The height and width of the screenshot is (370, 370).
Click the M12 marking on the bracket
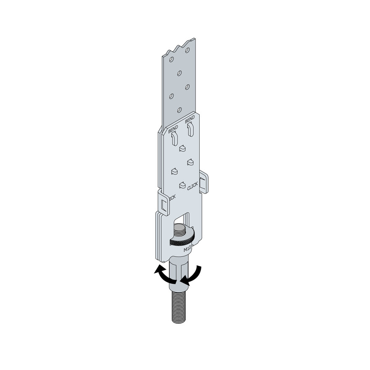click(187, 249)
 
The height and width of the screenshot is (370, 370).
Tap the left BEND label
click(173, 129)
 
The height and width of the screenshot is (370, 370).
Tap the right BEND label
click(190, 120)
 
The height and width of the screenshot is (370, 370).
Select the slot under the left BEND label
click(175, 139)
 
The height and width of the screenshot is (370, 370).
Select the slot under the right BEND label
click(190, 129)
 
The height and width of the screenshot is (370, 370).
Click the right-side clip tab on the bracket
click(204, 182)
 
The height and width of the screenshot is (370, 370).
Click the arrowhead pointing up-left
click(159, 269)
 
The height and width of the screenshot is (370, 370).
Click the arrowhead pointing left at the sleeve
click(185, 280)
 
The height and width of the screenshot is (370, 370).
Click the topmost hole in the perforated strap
click(188, 50)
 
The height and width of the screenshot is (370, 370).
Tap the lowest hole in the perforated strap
click(179, 110)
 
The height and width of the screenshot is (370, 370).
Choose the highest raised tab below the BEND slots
click(182, 148)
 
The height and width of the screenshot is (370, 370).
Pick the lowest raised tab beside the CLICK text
click(182, 185)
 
